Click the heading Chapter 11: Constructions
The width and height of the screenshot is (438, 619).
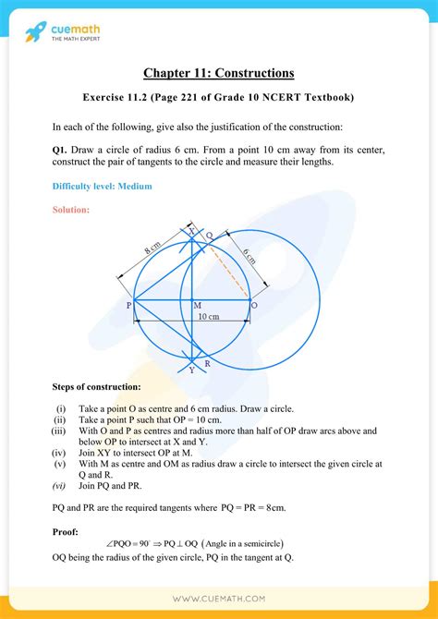(x=218, y=72)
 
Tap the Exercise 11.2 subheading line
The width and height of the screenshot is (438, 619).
(x=218, y=97)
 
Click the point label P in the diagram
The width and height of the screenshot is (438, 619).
(x=128, y=304)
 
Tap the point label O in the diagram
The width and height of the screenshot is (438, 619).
(x=254, y=304)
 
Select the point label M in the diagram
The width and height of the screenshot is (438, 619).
(x=197, y=305)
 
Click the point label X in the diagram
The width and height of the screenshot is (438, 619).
(x=192, y=233)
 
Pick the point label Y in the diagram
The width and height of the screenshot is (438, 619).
(x=191, y=370)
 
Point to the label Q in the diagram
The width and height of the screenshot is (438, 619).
(x=210, y=237)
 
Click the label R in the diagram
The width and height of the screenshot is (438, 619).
(x=207, y=364)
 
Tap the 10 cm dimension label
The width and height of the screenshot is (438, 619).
(x=209, y=317)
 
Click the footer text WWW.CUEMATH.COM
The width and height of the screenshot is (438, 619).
(x=218, y=598)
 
